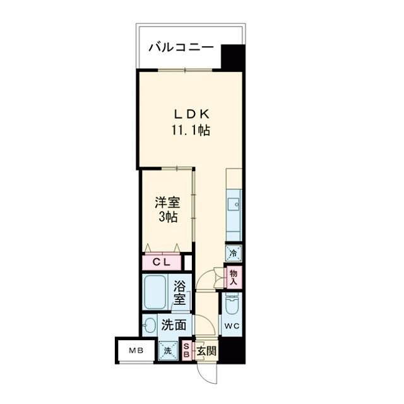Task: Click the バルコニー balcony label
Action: pos(181,47)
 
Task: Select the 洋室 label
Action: pos(167,203)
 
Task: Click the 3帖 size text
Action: pos(167,218)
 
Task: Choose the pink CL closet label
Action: pos(160,261)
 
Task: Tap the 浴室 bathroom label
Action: pos(180,292)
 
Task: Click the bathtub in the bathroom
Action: pos(156,291)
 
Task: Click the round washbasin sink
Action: pos(150,326)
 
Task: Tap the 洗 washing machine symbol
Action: pos(169,351)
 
